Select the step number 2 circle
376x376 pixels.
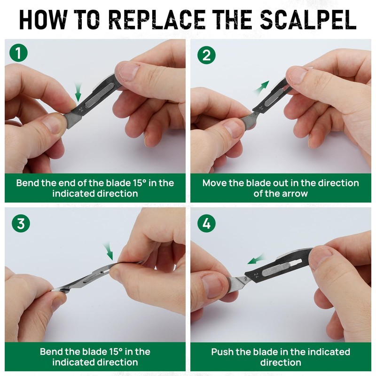205,55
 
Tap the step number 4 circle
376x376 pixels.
205,223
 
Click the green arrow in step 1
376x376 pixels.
78,88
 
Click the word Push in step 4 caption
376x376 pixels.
223,352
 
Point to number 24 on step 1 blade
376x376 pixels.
81,109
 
